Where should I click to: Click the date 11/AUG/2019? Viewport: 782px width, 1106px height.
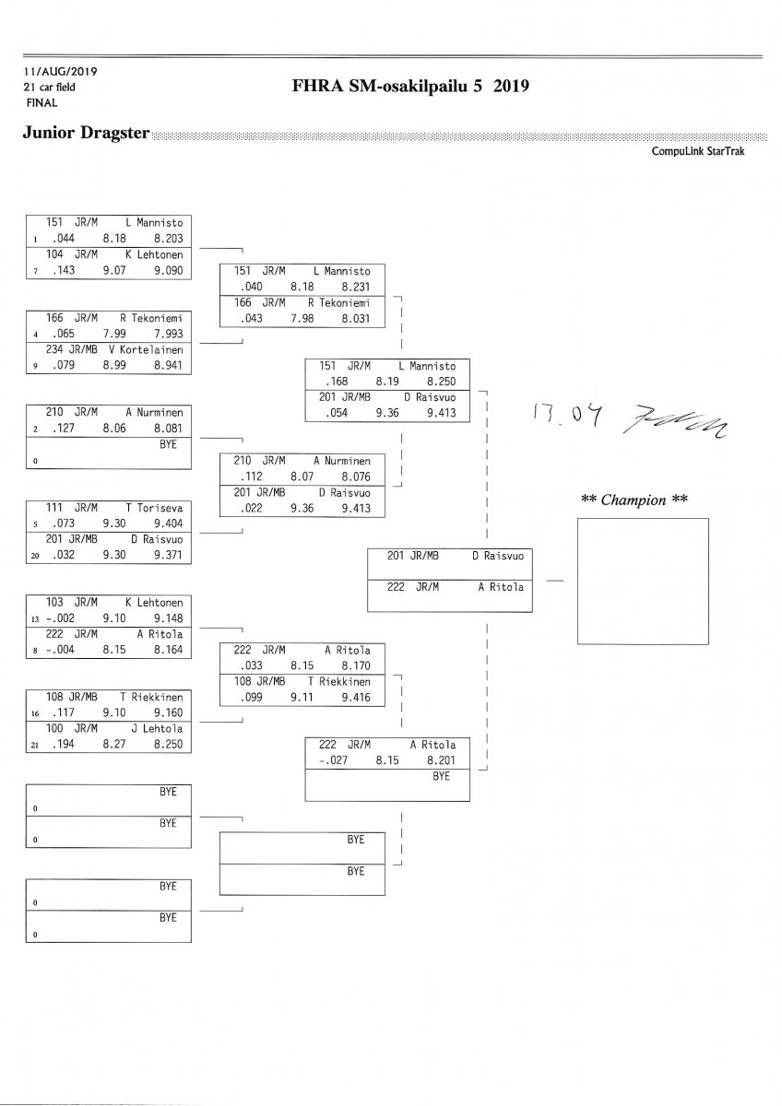(x=61, y=71)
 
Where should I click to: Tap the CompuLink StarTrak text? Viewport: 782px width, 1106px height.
(x=697, y=150)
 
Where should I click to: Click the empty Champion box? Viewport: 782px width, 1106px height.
(x=642, y=581)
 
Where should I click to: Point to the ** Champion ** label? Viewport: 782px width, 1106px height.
(x=634, y=500)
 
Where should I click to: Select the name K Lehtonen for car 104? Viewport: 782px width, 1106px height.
(x=154, y=254)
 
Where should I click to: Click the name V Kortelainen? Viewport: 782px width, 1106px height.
(x=149, y=349)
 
